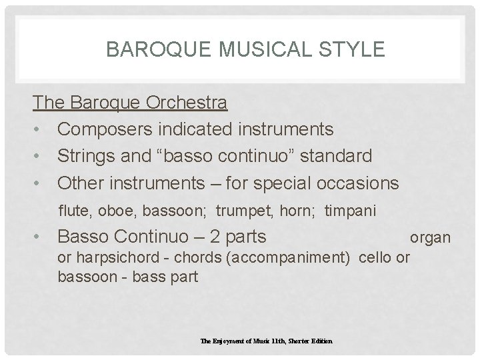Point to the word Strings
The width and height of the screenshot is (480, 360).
[83, 156]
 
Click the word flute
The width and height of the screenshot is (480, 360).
[75, 211]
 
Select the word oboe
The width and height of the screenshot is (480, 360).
[114, 211]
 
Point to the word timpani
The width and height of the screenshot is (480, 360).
[351, 211]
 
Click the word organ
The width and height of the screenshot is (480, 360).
[430, 237]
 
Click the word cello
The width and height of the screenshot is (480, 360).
[375, 258]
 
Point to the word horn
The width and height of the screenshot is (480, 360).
[302, 211]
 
